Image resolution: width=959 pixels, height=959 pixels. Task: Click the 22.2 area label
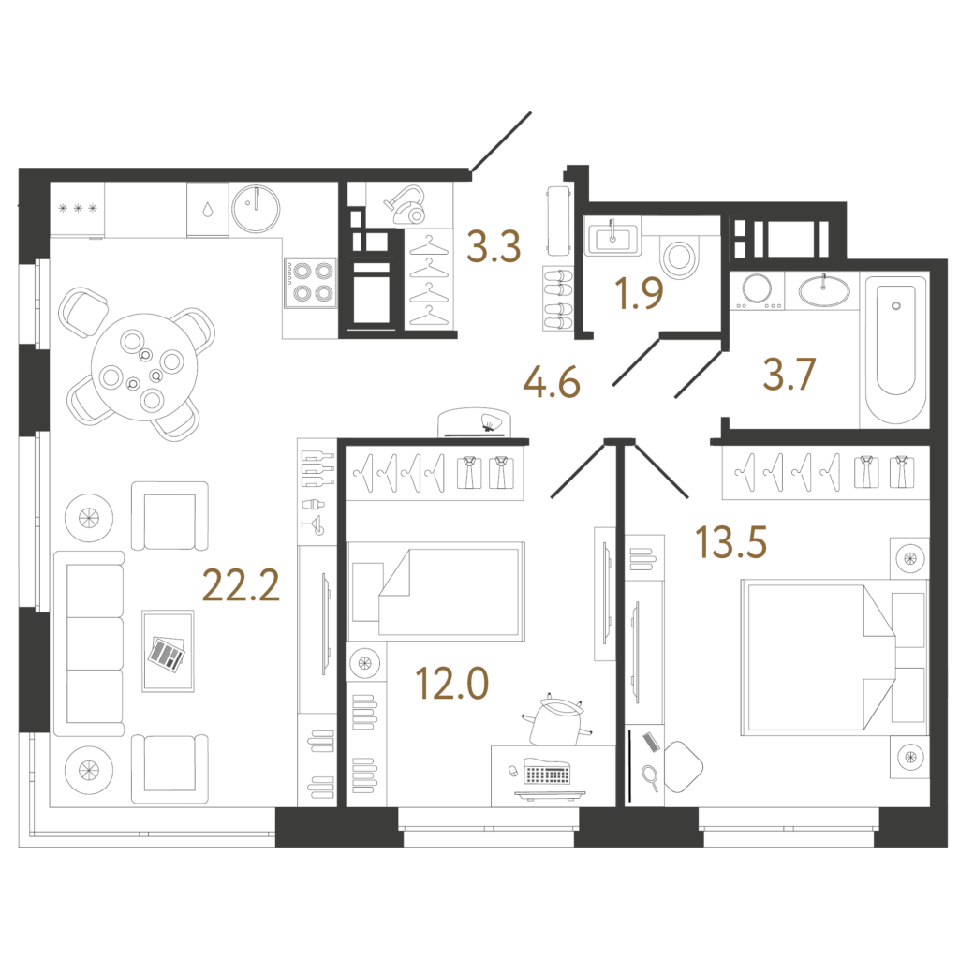coord(241,585)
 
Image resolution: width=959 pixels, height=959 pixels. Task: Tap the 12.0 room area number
coord(452,683)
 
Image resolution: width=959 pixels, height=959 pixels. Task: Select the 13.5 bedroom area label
coord(730,542)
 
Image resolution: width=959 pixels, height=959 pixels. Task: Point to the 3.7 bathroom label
coord(789,375)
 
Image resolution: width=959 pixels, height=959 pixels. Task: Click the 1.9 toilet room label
coord(640,293)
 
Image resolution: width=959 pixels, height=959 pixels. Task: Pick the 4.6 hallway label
coord(552,383)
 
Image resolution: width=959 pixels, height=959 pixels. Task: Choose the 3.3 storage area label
coord(494,246)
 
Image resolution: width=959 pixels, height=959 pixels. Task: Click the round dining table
coord(144,367)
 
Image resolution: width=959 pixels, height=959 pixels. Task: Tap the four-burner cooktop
coord(310,283)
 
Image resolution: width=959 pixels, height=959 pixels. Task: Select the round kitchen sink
coord(256,209)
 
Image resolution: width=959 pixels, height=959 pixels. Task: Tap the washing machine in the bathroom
coord(757,290)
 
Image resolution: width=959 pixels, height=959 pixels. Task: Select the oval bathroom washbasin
coord(823,290)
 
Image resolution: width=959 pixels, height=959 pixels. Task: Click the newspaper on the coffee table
coord(167,655)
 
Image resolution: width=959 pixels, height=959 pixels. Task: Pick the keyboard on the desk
coord(546,772)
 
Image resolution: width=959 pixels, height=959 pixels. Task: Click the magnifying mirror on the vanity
coord(651,778)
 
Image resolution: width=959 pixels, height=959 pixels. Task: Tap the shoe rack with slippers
coord(558,299)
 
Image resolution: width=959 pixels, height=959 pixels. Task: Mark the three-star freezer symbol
coord(78,209)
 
